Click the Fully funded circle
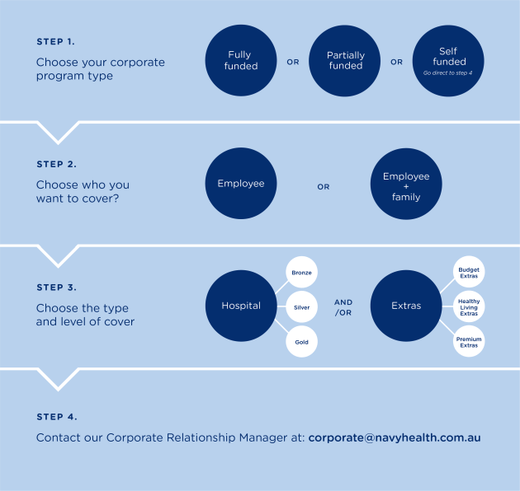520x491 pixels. click(241, 60)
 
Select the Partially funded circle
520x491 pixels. click(344, 61)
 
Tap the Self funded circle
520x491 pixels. click(448, 61)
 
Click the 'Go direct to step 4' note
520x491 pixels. click(447, 72)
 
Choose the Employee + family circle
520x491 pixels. click(406, 184)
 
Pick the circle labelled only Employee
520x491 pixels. click(241, 183)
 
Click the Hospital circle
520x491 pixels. click(241, 306)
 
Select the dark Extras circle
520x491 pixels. click(406, 306)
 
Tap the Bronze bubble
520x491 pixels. click(301, 272)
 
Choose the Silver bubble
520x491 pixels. click(301, 307)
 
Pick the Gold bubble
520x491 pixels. click(301, 342)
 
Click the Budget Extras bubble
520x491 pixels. click(469, 272)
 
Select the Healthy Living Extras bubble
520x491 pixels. click(469, 306)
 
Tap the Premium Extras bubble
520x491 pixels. click(469, 341)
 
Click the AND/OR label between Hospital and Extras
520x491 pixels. click(343, 307)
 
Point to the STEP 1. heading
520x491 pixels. click(56, 42)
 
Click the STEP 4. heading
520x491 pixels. click(57, 417)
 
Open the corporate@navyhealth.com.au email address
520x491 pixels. click(395, 437)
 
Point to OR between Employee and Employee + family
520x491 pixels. click(324, 187)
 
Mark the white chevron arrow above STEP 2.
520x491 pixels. click(58, 133)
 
